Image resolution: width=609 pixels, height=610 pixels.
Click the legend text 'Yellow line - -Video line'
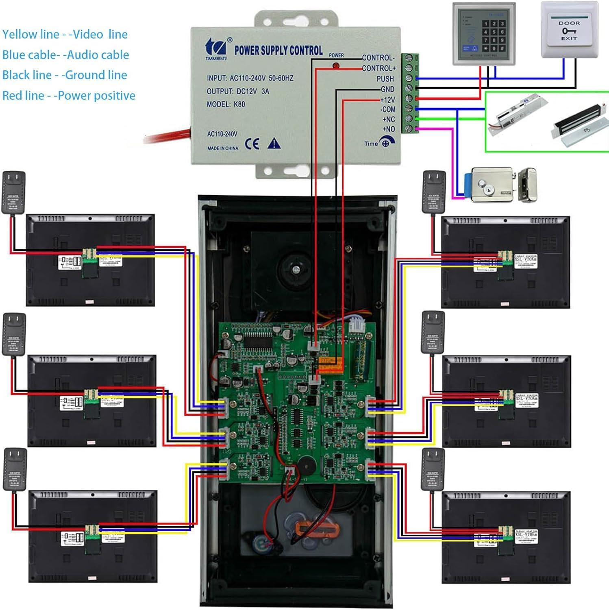click(65, 35)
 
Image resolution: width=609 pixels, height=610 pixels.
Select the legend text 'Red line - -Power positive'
click(69, 96)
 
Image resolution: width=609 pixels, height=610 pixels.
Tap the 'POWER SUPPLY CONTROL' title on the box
click(278, 50)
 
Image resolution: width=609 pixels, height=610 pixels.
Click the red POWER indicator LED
click(336, 65)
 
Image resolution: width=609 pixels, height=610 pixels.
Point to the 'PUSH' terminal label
click(385, 79)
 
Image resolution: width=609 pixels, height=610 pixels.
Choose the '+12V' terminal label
click(387, 100)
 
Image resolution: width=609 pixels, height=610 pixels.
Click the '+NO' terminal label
click(388, 129)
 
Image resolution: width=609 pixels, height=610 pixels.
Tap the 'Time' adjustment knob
click(386, 143)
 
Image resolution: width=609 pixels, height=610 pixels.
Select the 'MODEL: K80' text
click(226, 105)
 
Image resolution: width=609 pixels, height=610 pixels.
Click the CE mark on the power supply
click(252, 144)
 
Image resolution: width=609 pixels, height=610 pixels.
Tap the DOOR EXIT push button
click(569, 30)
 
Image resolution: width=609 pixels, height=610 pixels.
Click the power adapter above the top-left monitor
click(14, 192)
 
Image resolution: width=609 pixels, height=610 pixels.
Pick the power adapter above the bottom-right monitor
click(433, 470)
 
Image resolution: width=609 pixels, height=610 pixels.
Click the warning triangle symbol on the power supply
click(274, 144)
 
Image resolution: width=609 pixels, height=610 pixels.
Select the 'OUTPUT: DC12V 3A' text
click(238, 91)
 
